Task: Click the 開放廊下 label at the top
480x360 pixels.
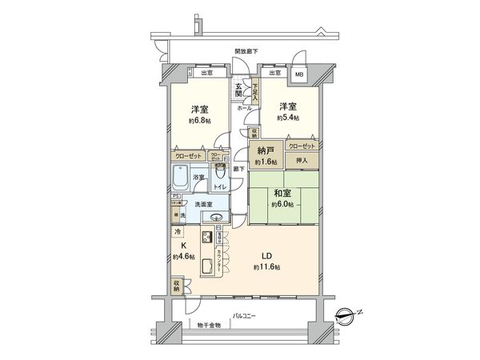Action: point(246,50)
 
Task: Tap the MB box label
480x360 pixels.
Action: point(298,74)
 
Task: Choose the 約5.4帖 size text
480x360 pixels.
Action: point(289,118)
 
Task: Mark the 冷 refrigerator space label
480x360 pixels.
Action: point(177,231)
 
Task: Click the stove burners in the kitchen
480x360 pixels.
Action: point(206,238)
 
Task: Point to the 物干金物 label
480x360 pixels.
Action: point(211,326)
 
